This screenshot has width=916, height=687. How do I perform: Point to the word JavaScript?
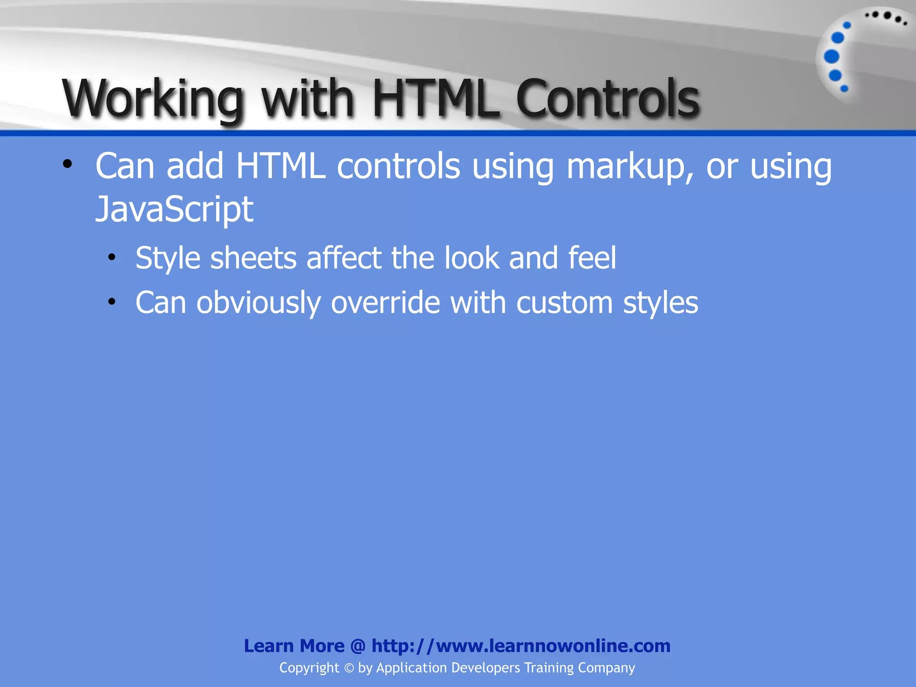[174, 209]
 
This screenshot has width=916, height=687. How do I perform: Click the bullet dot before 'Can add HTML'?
[68, 164]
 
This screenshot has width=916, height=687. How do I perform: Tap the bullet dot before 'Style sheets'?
[112, 257]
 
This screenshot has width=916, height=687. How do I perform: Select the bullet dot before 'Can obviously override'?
[112, 302]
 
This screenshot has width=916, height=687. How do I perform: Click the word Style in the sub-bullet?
[168, 259]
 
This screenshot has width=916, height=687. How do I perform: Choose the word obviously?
[259, 304]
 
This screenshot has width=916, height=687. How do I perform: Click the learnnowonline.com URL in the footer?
[521, 646]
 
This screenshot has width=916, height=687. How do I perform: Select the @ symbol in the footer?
[358, 646]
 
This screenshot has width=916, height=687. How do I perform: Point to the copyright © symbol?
[349, 668]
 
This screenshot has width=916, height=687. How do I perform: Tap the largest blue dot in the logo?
[831, 57]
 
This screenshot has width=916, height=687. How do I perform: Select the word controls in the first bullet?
[399, 166]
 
